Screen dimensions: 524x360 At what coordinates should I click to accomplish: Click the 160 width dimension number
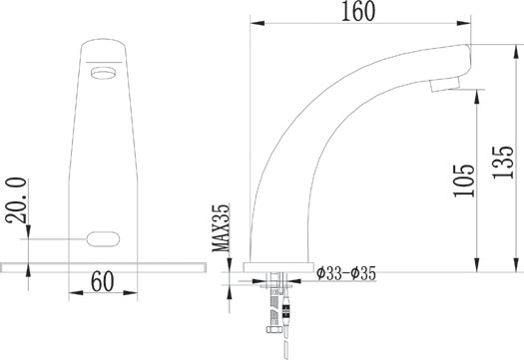358,11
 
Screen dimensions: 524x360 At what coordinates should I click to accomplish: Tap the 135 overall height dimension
503,163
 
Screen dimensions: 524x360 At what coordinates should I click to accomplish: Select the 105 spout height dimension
464,180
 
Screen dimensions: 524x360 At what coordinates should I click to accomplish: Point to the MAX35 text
222,228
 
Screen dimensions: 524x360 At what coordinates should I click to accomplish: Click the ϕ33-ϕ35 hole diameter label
346,273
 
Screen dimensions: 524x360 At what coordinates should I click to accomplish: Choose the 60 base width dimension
103,281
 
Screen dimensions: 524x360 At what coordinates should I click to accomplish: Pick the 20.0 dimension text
16,200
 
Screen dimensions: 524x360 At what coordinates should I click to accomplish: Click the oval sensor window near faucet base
103,239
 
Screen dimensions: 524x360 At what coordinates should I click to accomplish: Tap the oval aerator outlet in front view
103,73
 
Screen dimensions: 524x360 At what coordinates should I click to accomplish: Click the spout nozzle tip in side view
445,84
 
